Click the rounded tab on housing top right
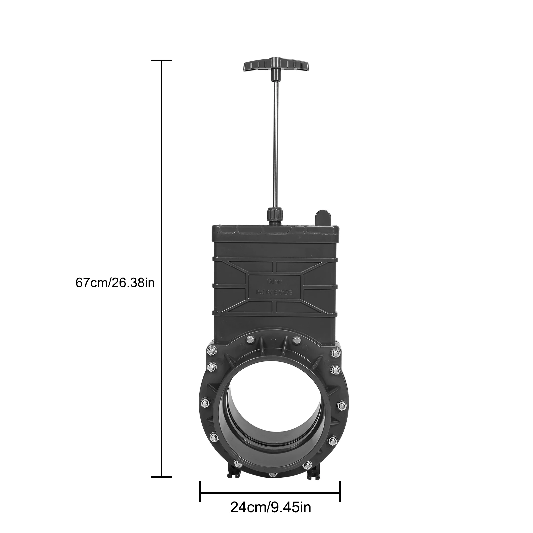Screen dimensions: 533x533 coord(322,218)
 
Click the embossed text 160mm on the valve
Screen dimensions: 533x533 coord(275,281)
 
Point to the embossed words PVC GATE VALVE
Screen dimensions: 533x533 coord(274,292)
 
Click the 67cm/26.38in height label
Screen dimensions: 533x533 coord(115,283)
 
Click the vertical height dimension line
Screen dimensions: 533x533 coord(162,266)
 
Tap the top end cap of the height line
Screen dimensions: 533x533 coord(162,61)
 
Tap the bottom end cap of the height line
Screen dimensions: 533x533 coord(162,477)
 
